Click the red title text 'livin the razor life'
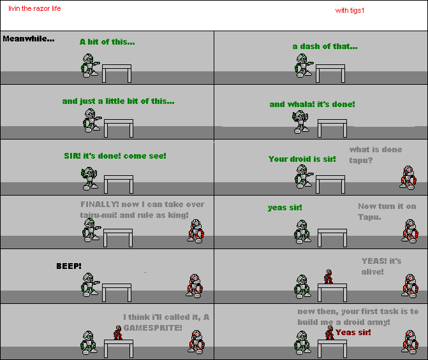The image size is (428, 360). (x=34, y=8)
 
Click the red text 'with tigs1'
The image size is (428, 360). (x=350, y=11)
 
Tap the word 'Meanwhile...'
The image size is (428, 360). (x=29, y=39)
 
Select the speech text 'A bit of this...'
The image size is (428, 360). (x=107, y=41)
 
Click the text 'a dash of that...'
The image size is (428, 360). (x=325, y=47)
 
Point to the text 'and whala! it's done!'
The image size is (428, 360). (x=313, y=104)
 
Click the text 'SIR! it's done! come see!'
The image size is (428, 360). (x=115, y=155)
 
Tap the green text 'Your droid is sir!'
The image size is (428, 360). (x=302, y=159)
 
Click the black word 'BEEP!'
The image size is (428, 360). (x=69, y=266)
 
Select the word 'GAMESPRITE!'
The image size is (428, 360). (x=152, y=328)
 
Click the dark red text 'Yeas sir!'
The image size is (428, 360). (x=353, y=333)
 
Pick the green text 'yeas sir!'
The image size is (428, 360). (x=285, y=208)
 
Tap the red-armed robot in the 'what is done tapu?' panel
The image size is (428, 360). (x=408, y=178)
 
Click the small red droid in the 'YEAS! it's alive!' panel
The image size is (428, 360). (x=328, y=277)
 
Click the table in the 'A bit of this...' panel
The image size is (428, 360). (x=117, y=73)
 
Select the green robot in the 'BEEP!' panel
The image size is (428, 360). (x=90, y=285)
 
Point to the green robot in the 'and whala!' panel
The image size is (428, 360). (x=300, y=122)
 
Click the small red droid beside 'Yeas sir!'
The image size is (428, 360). (x=330, y=333)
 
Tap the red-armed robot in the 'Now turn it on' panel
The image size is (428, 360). (x=410, y=231)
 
